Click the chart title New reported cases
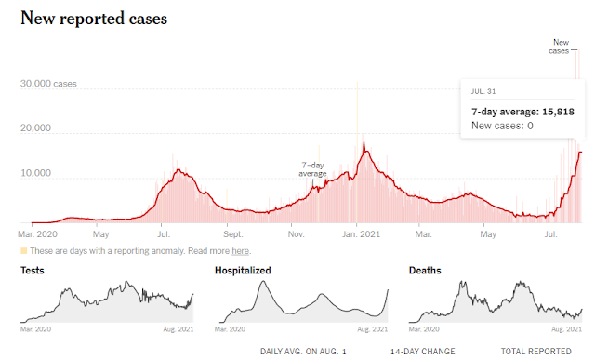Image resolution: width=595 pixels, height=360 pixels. point(94,19)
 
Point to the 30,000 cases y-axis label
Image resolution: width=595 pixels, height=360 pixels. point(48,84)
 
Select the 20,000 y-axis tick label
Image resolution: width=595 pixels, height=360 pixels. point(35,128)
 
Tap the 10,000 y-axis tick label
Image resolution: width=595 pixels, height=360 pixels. point(35,173)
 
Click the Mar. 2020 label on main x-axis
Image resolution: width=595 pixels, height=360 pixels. point(37,233)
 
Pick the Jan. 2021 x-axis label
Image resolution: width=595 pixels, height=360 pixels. point(361,233)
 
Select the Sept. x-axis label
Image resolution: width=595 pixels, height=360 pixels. point(232,233)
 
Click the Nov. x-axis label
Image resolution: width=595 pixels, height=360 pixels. point(296,233)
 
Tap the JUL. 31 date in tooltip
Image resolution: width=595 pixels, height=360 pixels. point(483,91)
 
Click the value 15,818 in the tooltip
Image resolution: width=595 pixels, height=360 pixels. point(558,112)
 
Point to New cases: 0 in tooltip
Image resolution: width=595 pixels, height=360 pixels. point(502,126)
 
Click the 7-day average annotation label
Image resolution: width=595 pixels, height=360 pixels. point(312,169)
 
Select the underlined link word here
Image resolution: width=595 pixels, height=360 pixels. point(240,251)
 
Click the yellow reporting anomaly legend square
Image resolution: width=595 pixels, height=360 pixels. point(24,250)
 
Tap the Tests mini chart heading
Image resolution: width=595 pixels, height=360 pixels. point(33,271)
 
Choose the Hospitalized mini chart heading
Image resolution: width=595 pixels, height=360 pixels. point(243,271)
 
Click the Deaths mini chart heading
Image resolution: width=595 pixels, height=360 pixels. point(425,271)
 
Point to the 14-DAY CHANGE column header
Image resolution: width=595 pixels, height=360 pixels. point(423,352)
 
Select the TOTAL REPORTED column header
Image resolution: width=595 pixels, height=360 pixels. point(535,352)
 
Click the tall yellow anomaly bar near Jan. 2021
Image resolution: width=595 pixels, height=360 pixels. point(357,152)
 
